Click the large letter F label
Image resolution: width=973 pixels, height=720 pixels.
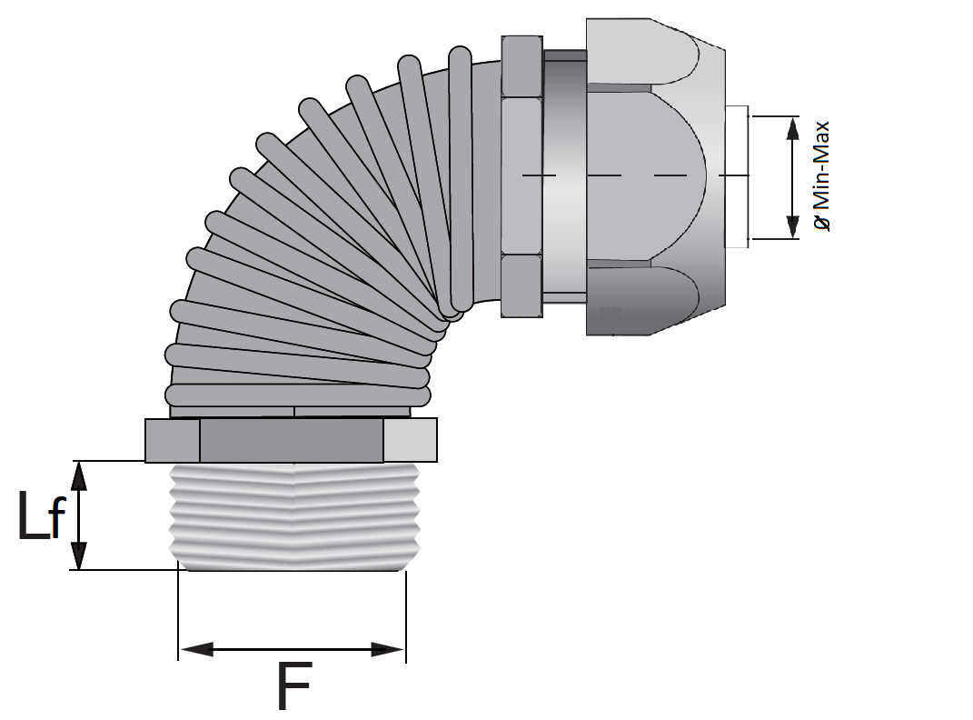[293, 685]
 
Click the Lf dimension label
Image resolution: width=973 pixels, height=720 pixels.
[42, 515]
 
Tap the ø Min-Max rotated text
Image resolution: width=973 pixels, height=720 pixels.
[821, 176]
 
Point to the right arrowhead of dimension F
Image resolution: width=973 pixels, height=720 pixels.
[388, 650]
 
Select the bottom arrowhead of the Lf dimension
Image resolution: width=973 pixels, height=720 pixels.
[78, 555]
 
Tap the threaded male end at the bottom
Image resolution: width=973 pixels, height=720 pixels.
[294, 516]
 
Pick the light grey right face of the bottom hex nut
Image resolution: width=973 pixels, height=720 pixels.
[410, 440]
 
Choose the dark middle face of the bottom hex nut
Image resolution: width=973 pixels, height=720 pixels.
[291, 440]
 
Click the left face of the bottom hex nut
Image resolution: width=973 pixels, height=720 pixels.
[173, 440]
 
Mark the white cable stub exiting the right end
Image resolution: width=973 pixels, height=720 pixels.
[737, 177]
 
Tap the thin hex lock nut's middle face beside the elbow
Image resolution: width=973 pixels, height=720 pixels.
[521, 175]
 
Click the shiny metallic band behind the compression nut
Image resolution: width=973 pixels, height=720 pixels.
[565, 177]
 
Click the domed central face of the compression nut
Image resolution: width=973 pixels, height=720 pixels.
[645, 175]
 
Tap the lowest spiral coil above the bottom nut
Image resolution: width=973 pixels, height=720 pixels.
[298, 395]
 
